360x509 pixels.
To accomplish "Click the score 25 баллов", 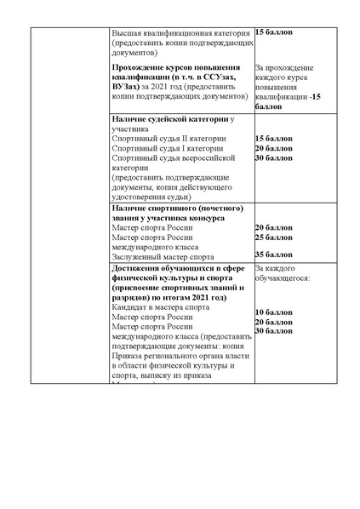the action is [x=273, y=237].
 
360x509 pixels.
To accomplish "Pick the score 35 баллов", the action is [x=273, y=255].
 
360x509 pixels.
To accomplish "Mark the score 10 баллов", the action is [x=273, y=312].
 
